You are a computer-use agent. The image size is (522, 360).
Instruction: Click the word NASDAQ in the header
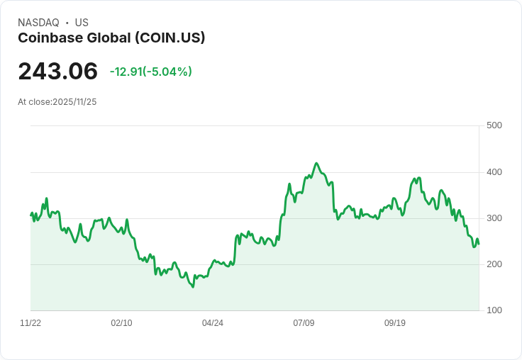pyautogui.click(x=38, y=23)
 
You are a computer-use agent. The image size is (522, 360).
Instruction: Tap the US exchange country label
pyautogui.click(x=82, y=23)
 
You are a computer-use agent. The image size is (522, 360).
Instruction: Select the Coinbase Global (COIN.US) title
pyautogui.click(x=111, y=38)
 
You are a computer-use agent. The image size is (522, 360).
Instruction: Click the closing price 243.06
pyautogui.click(x=57, y=72)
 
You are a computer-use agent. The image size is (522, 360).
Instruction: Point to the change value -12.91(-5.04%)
pyautogui.click(x=150, y=72)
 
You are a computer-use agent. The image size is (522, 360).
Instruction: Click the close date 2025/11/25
pyautogui.click(x=74, y=102)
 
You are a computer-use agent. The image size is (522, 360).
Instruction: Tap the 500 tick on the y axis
pyautogui.click(x=494, y=125)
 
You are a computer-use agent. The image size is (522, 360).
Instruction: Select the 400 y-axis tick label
pyautogui.click(x=494, y=172)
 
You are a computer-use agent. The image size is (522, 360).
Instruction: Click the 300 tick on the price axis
pyautogui.click(x=494, y=218)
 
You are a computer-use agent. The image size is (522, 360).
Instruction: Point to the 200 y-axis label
pyautogui.click(x=494, y=264)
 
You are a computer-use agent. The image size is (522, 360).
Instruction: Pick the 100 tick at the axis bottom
pyautogui.click(x=494, y=310)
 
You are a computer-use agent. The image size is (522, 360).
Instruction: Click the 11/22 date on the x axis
pyautogui.click(x=30, y=323)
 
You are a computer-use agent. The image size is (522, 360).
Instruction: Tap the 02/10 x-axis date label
pyautogui.click(x=121, y=323)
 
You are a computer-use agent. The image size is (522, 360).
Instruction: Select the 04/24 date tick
pyautogui.click(x=213, y=323)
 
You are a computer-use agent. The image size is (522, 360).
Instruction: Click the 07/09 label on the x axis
pyautogui.click(x=304, y=323)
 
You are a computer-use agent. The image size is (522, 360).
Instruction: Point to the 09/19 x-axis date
pyautogui.click(x=395, y=323)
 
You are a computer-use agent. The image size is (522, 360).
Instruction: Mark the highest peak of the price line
pyautogui.click(x=316, y=163)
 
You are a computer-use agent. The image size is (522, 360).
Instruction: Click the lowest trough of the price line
pyautogui.click(x=192, y=287)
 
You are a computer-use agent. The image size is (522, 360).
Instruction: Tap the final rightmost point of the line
pyautogui.click(x=479, y=244)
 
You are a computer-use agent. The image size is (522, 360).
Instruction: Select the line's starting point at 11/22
pyautogui.click(x=30, y=214)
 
